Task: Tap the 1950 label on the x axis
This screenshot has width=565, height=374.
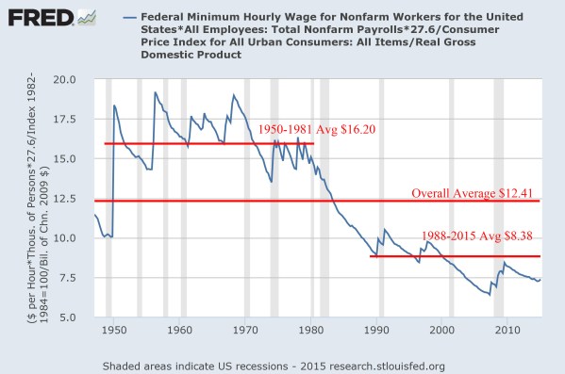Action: coord(113,331)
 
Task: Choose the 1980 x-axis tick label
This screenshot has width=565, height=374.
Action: coord(311,331)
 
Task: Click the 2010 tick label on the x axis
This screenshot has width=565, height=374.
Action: coord(507,331)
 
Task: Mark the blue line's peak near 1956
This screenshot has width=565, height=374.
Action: coord(155,92)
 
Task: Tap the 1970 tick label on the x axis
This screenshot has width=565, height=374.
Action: coord(245,331)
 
